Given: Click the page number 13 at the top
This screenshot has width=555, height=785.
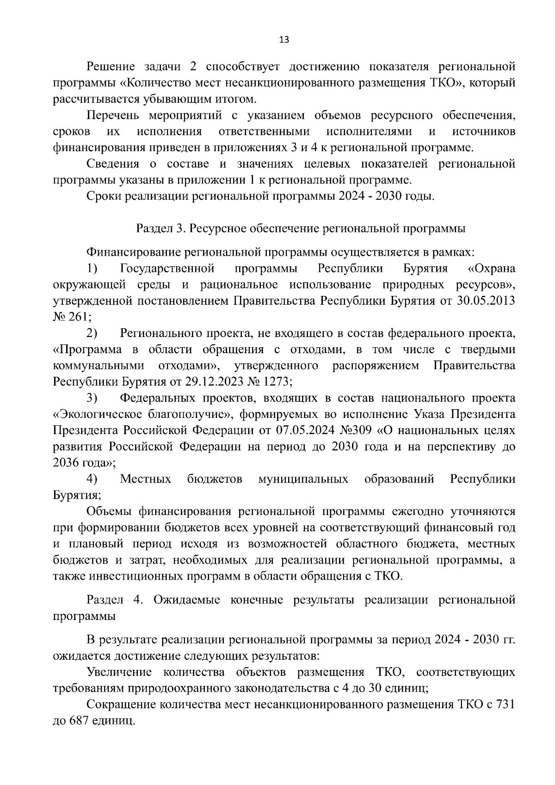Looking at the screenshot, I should [284, 40].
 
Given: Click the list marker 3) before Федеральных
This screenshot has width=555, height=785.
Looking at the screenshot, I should [92, 398].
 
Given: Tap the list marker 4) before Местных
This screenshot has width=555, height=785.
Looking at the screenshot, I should [92, 479].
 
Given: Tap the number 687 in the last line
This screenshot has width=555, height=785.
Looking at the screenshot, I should [80, 721].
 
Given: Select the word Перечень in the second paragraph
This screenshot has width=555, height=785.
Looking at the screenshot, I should [114, 115].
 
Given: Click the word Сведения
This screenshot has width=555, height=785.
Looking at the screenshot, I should [113, 164].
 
